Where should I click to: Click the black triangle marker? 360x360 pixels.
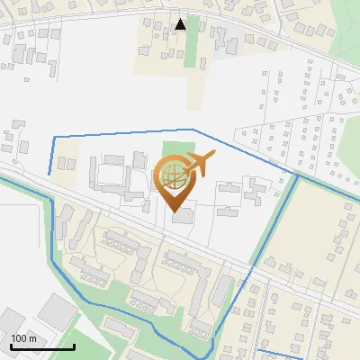point(181,24)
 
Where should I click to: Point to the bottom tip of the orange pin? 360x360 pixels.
point(174,211)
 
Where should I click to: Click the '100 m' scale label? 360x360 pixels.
point(24,338)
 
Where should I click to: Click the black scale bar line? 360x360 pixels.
point(42,347)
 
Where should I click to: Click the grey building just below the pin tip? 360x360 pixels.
point(183,217)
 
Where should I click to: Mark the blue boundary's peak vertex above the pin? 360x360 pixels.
point(193,130)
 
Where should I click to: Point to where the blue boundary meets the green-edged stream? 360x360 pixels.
point(295,175)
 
